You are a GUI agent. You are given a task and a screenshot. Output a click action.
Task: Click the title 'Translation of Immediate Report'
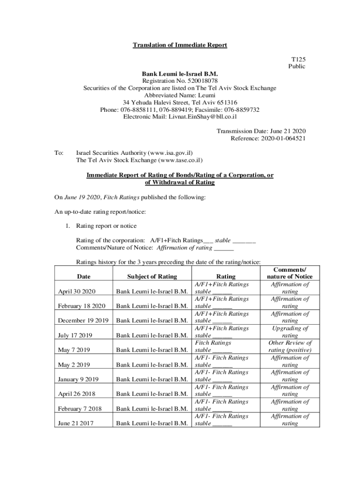[x=180, y=45]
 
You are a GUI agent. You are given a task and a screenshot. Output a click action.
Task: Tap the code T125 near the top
[x=298, y=59]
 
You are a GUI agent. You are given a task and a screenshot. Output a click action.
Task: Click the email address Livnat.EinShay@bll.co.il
[x=202, y=117]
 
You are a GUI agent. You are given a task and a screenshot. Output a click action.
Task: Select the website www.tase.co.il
[x=180, y=160]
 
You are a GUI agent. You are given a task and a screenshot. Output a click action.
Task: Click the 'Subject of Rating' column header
[x=152, y=276]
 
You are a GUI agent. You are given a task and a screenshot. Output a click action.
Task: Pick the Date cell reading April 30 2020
[x=77, y=291]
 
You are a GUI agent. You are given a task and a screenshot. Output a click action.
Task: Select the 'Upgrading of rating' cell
[x=290, y=332]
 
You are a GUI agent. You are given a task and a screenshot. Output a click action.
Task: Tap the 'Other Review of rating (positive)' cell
[x=290, y=346]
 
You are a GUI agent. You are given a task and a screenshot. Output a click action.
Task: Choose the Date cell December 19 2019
[x=83, y=320]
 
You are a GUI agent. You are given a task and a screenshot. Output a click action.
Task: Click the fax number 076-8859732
[x=243, y=110]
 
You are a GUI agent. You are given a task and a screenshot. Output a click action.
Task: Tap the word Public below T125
[x=297, y=66]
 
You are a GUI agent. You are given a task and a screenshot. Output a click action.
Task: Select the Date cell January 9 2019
[x=79, y=379]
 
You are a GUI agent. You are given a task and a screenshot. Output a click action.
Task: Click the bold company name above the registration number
[x=180, y=74]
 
